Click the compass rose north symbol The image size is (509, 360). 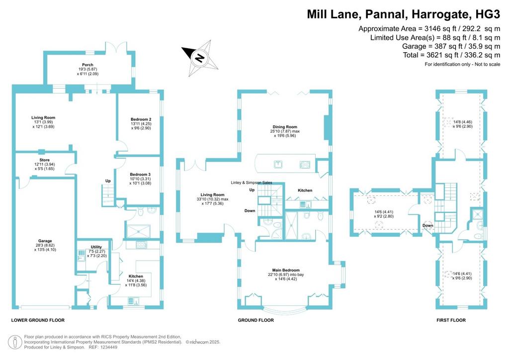point(200,58)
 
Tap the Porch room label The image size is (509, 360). point(87,65)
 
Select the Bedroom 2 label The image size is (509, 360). point(141,119)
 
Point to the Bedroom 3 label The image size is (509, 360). point(140,175)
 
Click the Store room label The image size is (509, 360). point(44,160)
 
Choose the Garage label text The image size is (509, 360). point(45,241)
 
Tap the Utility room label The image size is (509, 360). point(96,247)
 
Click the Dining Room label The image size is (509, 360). point(285,127)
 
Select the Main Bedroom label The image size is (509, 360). point(286,270)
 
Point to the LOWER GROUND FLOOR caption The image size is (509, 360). point(38,320)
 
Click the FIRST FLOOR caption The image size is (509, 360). point(451,320)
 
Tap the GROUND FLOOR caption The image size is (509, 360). point(256,320)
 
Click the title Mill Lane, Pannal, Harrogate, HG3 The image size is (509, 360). point(404,14)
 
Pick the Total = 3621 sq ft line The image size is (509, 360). point(451,55)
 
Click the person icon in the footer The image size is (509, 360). point(15,342)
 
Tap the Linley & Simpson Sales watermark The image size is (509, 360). point(252,183)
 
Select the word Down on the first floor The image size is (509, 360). point(428,226)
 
